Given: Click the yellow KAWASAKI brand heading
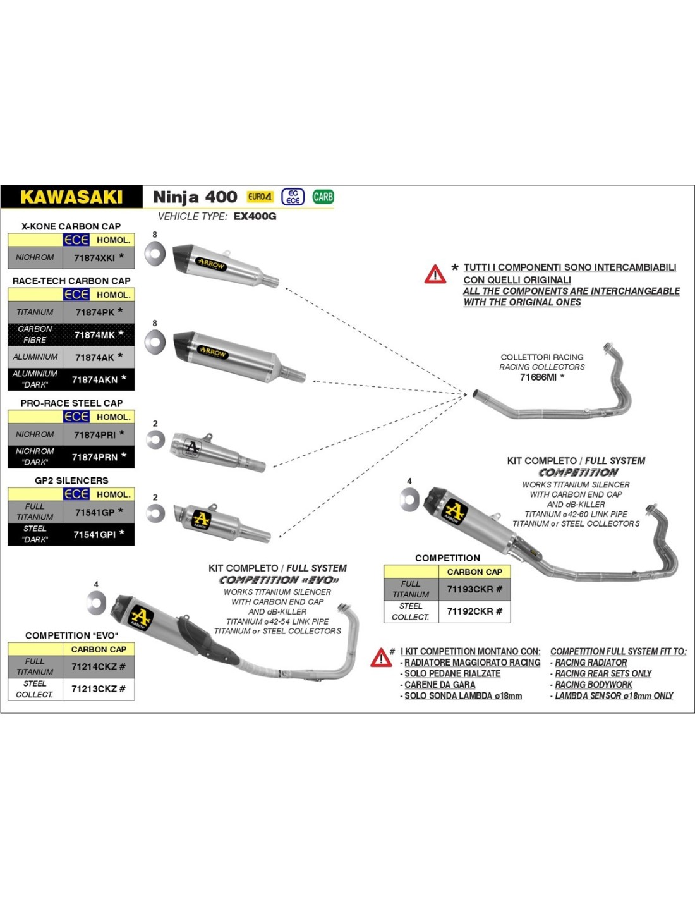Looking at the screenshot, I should pos(71,197).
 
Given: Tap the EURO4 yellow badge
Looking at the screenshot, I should pos(260,197).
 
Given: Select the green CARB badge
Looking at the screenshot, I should pos(323,197).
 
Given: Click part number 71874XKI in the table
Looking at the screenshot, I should pos(95,258).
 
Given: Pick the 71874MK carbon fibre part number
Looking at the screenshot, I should pos(95,335).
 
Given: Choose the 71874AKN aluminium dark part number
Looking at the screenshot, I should pos(95,379).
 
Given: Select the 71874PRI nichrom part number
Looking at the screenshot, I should pos(95,435).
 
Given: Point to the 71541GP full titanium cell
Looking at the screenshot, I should pos(95,512).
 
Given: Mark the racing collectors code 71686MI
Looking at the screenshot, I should pos(538,377).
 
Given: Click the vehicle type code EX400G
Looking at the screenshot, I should pos(255,216).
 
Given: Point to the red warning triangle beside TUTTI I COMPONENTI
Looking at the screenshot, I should pos(435,274).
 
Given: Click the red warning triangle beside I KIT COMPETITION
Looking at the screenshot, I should pos(381,657).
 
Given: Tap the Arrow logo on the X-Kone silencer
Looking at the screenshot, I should pos(211,264).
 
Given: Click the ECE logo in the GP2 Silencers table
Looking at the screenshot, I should pos(76,494).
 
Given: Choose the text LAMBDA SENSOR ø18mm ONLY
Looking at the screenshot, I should pos(613,695).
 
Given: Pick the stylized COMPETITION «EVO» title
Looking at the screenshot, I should pos(279,580).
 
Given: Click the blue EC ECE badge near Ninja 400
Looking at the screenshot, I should pos(293,197).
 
